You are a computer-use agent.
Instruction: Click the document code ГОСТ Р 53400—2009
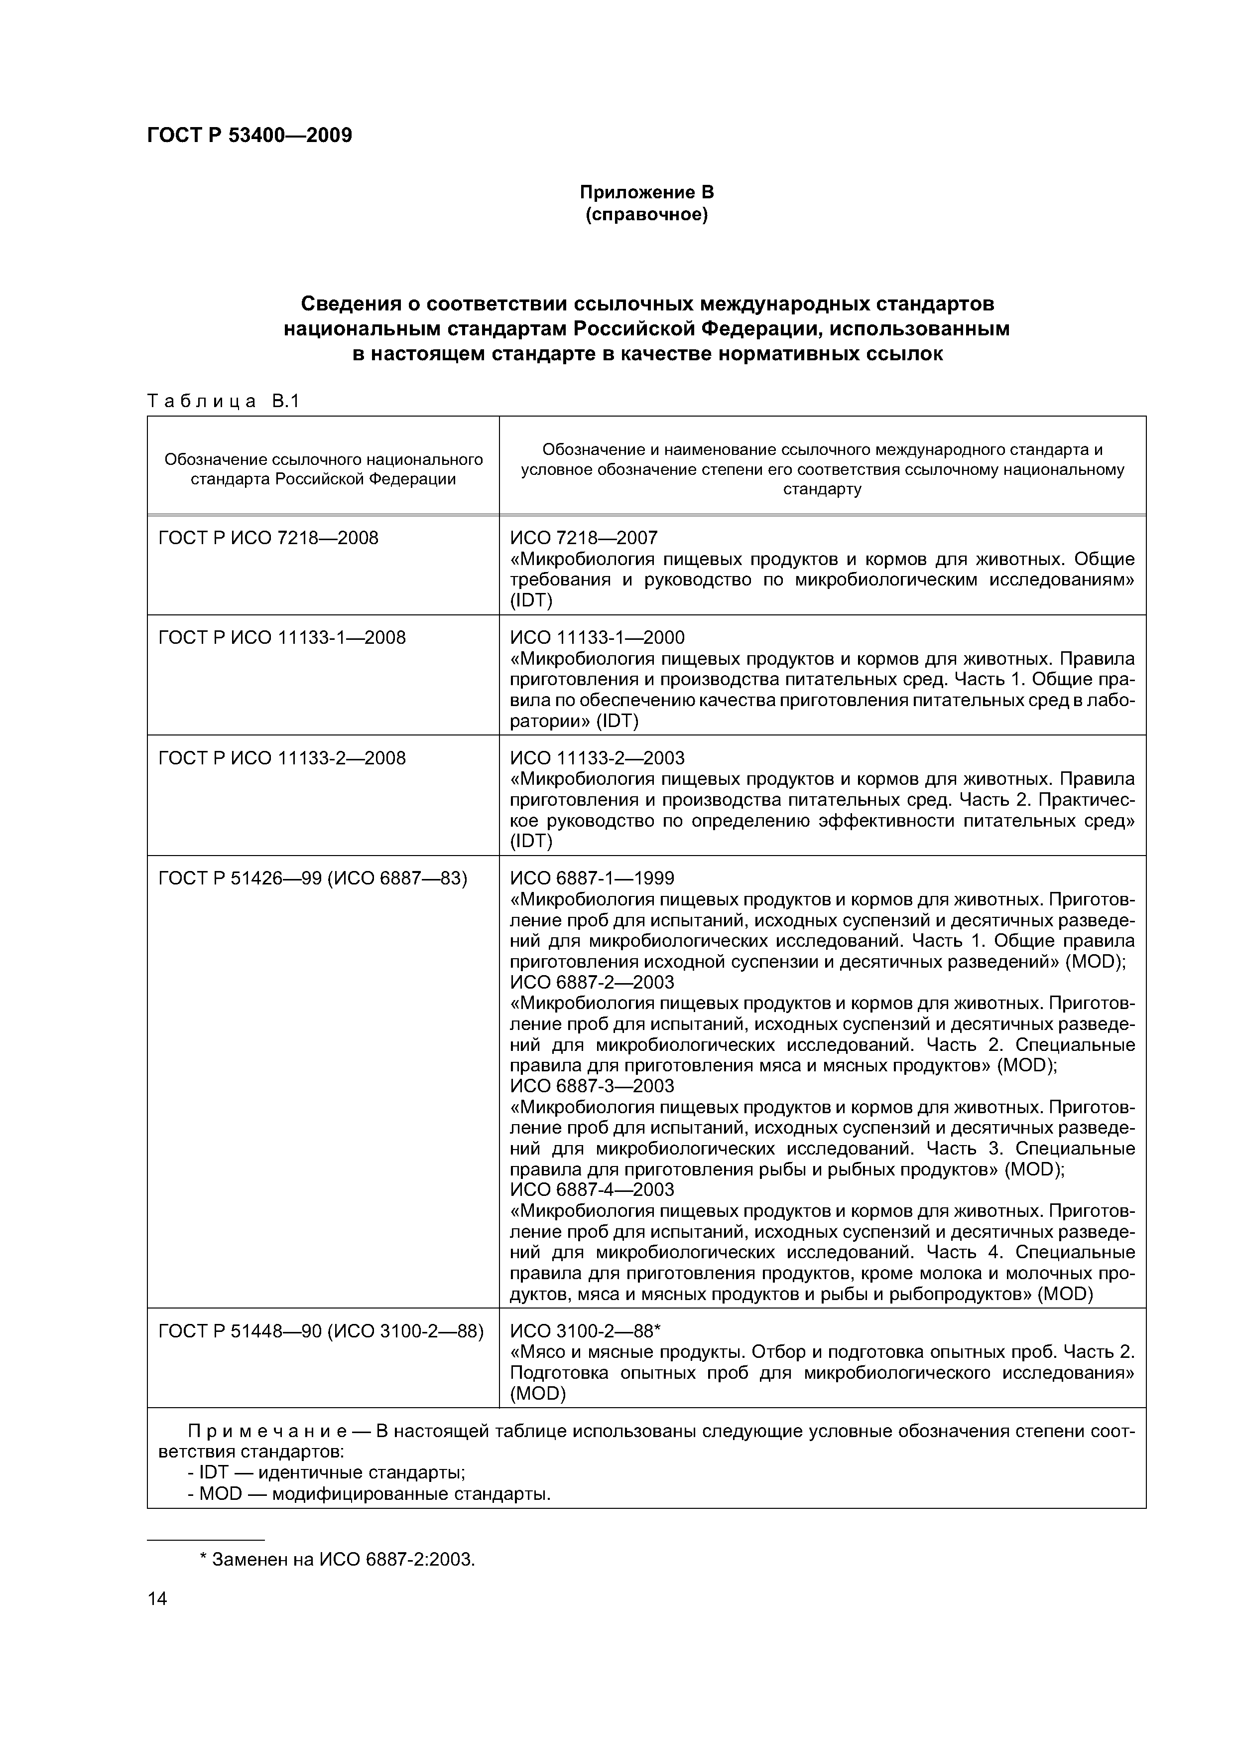tap(249, 136)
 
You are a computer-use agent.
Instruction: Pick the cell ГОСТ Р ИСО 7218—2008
tap(268, 538)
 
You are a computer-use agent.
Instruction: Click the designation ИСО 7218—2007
tap(584, 538)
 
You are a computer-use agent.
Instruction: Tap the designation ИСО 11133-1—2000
tap(598, 637)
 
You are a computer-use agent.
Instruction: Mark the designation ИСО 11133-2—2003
tap(598, 757)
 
